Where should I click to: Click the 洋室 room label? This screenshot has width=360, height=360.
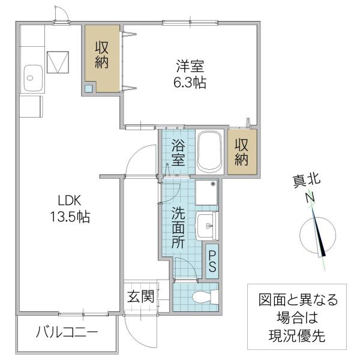pyautogui.click(x=190, y=66)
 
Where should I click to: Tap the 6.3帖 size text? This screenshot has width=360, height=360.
pyautogui.click(x=190, y=83)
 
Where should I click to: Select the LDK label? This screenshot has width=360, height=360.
pyautogui.click(x=70, y=200)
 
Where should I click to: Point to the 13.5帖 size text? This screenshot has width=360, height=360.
pyautogui.click(x=70, y=217)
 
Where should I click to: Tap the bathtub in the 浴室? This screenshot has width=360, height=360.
pyautogui.click(x=209, y=152)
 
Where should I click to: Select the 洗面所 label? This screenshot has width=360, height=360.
pyautogui.click(x=178, y=227)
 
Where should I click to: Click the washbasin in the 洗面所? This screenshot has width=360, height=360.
pyautogui.click(x=206, y=226)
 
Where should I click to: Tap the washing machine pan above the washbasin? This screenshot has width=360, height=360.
pyautogui.click(x=206, y=193)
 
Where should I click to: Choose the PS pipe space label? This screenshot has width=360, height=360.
pyautogui.click(x=212, y=261)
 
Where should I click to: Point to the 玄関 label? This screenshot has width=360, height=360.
pyautogui.click(x=141, y=296)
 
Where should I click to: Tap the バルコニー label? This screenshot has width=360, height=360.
pyautogui.click(x=67, y=332)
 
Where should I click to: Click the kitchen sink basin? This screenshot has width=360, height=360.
pyautogui.click(x=33, y=78)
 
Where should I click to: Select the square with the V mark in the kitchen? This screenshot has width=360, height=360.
pyautogui.click(x=58, y=62)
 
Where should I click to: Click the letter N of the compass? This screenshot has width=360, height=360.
pyautogui.click(x=310, y=197)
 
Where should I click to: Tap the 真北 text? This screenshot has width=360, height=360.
pyautogui.click(x=306, y=181)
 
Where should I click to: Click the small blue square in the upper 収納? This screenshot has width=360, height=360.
pyautogui.click(x=89, y=88)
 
